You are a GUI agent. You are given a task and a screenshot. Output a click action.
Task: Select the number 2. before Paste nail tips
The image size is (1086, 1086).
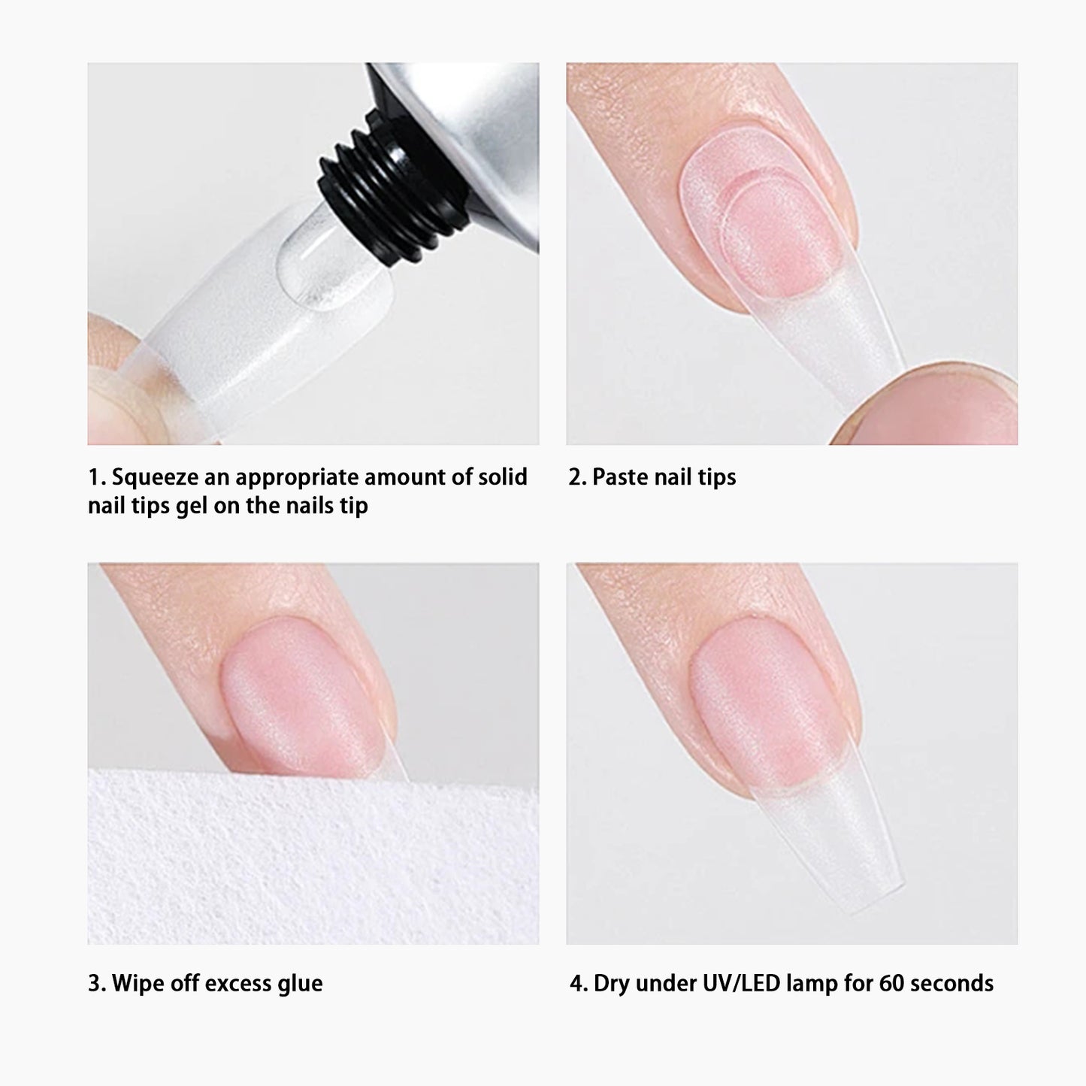pyautogui.click(x=577, y=477)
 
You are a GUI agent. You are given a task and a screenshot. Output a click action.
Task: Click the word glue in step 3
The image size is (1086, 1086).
pyautogui.click(x=300, y=983)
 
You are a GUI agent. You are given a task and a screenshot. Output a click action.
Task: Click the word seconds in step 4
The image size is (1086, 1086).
pyautogui.click(x=951, y=983)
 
